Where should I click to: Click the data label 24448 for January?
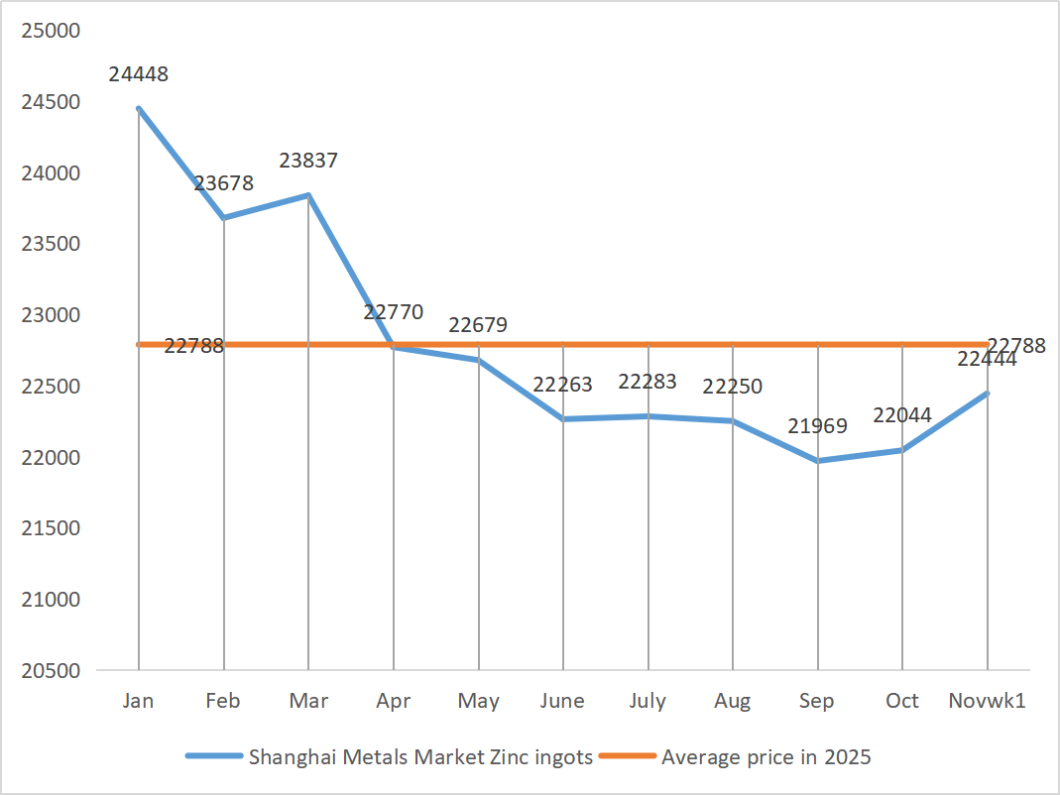point(139,74)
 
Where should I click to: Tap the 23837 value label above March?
point(308,161)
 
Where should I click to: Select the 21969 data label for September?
point(818,426)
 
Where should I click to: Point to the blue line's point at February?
point(224,217)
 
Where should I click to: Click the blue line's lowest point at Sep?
point(818,461)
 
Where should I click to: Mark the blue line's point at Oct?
point(902,450)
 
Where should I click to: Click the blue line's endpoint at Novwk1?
point(988,394)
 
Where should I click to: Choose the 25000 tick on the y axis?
point(50,31)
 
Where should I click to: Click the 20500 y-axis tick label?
point(50,671)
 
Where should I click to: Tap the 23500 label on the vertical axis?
point(50,244)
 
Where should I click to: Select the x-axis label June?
point(562,701)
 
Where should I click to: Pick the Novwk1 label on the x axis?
point(987,701)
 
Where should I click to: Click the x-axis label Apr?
point(394,701)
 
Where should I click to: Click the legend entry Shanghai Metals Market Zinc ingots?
point(420,757)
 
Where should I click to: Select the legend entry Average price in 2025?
point(766,757)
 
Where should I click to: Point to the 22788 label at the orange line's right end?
point(1016,346)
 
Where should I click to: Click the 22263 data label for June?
point(563,385)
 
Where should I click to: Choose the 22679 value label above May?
point(478,325)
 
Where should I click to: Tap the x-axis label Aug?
point(733,701)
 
